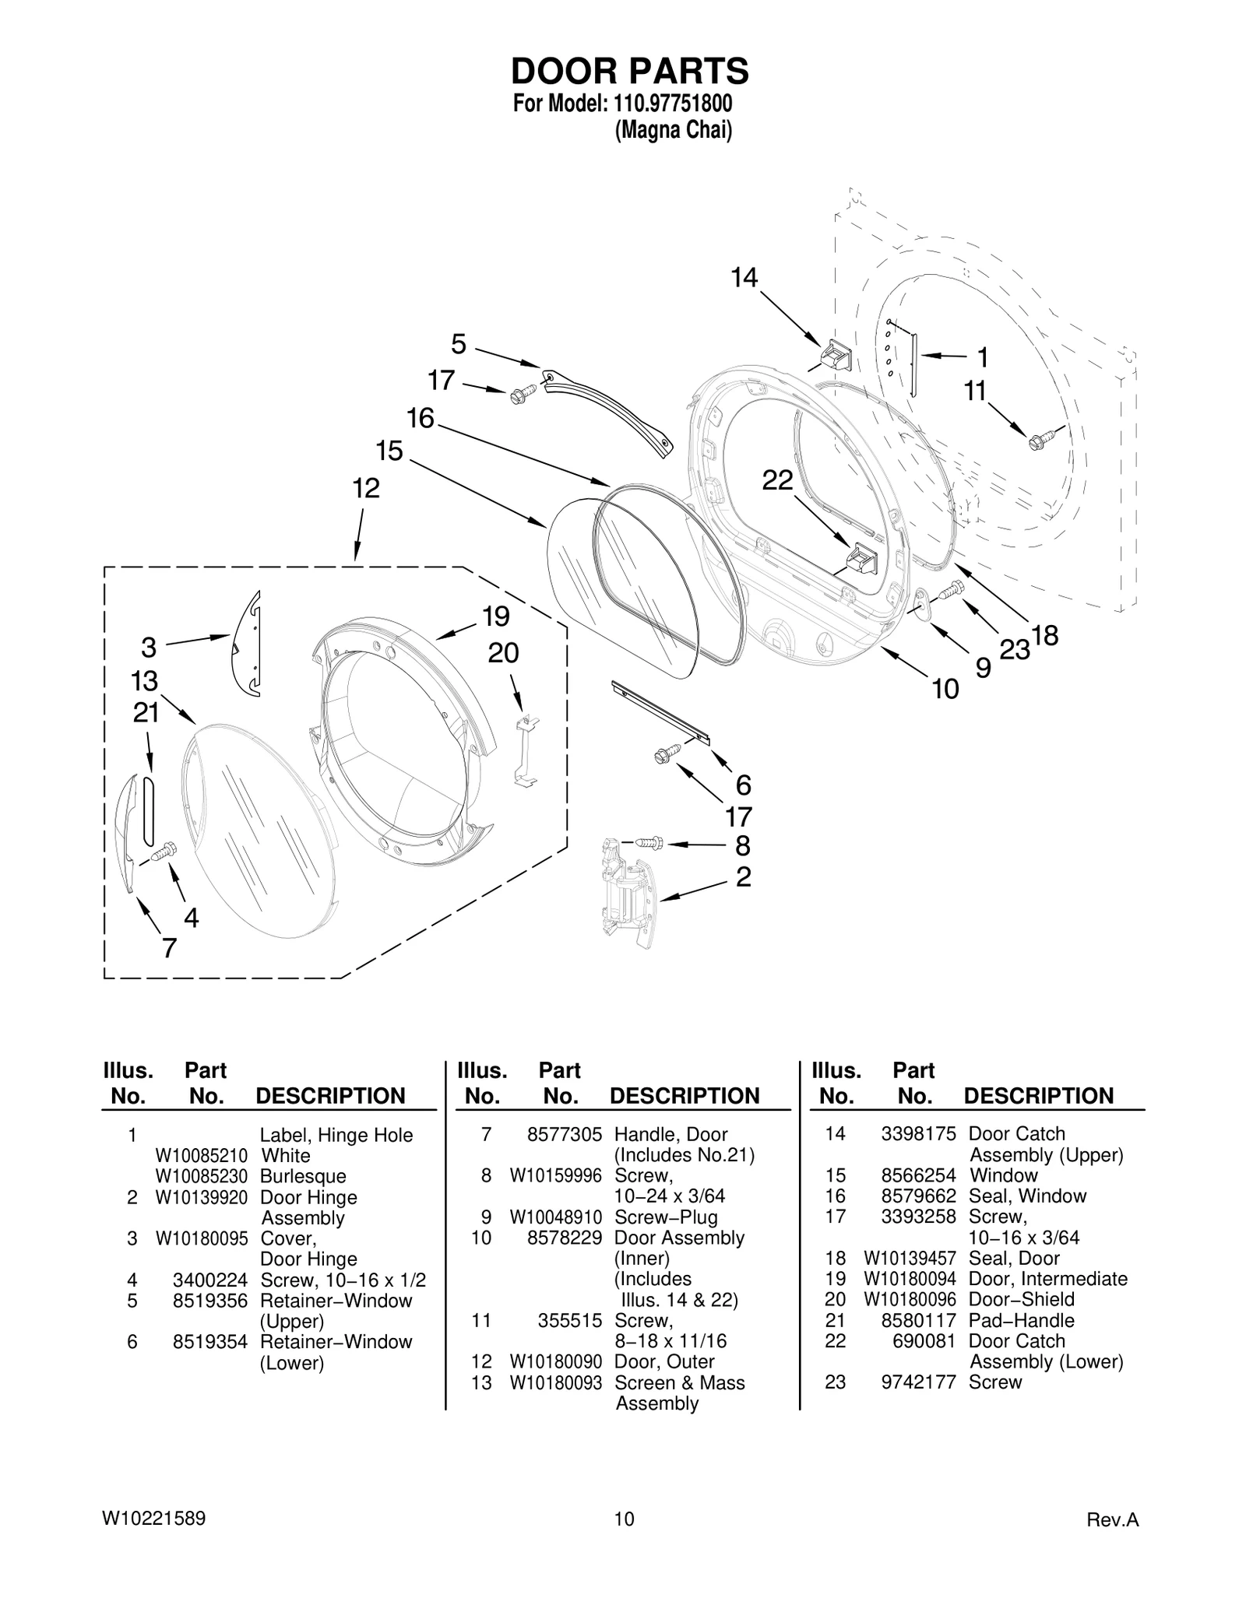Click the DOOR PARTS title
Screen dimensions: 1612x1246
[629, 71]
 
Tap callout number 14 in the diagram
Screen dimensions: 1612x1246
[744, 277]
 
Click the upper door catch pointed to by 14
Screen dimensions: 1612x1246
[836, 356]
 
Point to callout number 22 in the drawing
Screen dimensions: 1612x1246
[776, 480]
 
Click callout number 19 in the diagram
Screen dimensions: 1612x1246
[495, 616]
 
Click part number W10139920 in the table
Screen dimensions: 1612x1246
[201, 1198]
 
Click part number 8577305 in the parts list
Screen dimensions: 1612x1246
[564, 1135]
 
